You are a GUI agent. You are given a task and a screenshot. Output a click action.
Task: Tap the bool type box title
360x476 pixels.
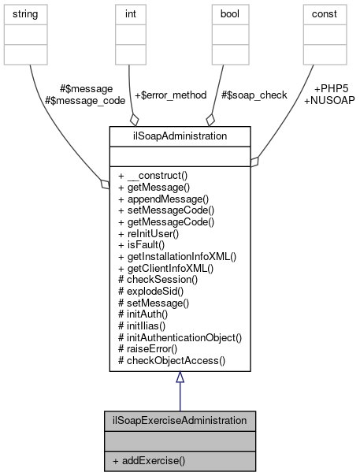click(x=226, y=13)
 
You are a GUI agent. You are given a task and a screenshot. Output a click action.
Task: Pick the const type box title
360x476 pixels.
click(x=324, y=13)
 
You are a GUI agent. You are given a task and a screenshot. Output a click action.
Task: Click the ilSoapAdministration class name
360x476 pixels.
click(x=180, y=136)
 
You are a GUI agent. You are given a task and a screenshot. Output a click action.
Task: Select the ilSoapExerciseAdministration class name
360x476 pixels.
click(x=180, y=421)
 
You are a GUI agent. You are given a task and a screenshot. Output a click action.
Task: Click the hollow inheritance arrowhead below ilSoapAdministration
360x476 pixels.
click(x=180, y=378)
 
